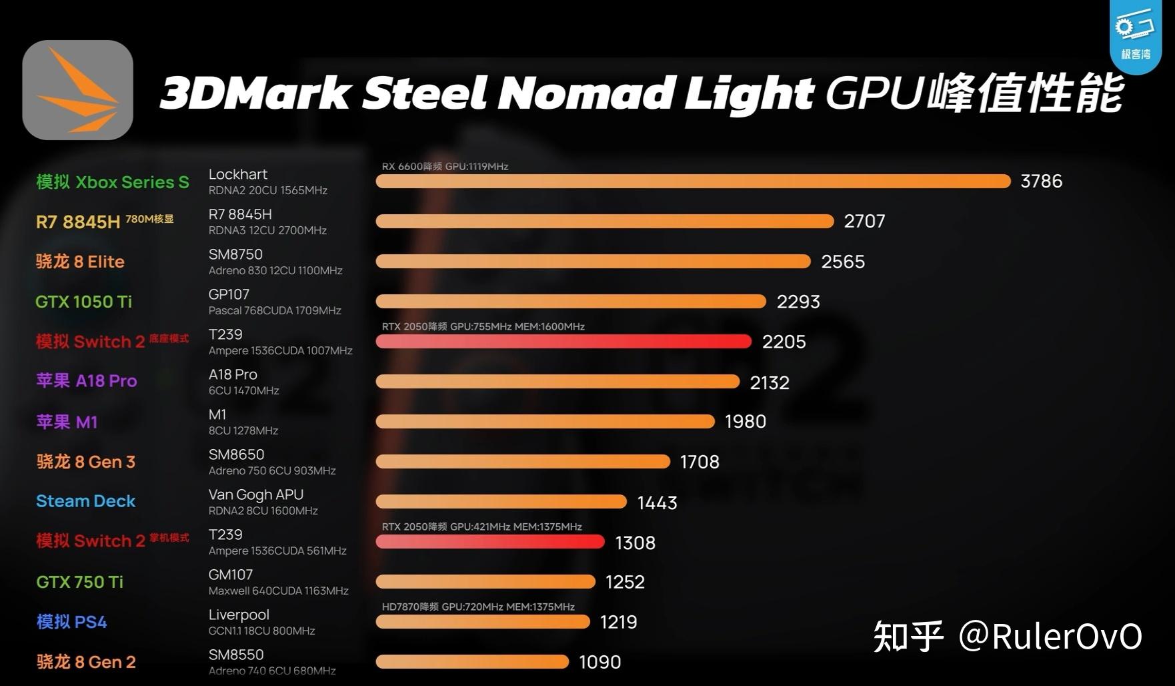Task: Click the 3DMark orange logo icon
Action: point(77,90)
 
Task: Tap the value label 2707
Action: point(864,222)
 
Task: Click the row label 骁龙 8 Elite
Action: point(80,262)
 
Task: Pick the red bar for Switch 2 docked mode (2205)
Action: point(563,342)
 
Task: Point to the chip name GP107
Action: point(229,294)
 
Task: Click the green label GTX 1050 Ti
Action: point(83,302)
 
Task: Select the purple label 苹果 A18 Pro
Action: point(86,381)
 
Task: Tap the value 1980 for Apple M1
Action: point(745,422)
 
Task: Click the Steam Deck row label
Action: point(85,501)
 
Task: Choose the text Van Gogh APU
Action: point(255,494)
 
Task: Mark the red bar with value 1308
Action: point(490,542)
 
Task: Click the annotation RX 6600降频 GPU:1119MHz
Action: point(445,166)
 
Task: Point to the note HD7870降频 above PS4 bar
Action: point(477,607)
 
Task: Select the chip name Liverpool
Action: point(239,615)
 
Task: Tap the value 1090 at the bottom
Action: point(600,662)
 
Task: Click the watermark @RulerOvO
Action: point(1050,636)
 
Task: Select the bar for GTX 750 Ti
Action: point(485,582)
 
